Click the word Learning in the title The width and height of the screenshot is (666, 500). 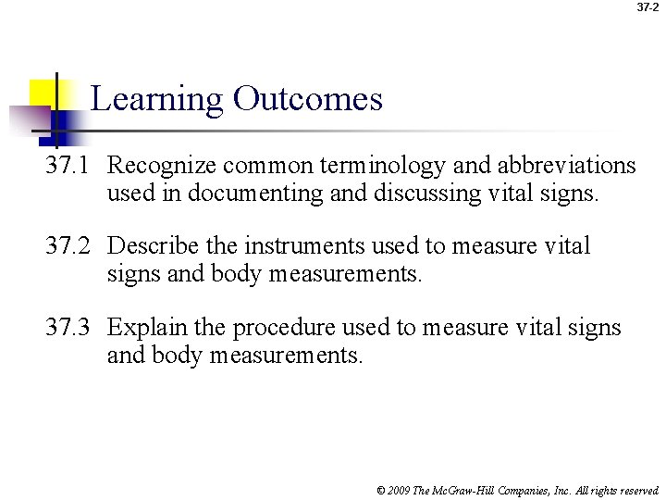[x=157, y=99]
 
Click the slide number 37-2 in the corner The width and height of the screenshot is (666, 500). [x=647, y=7]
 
